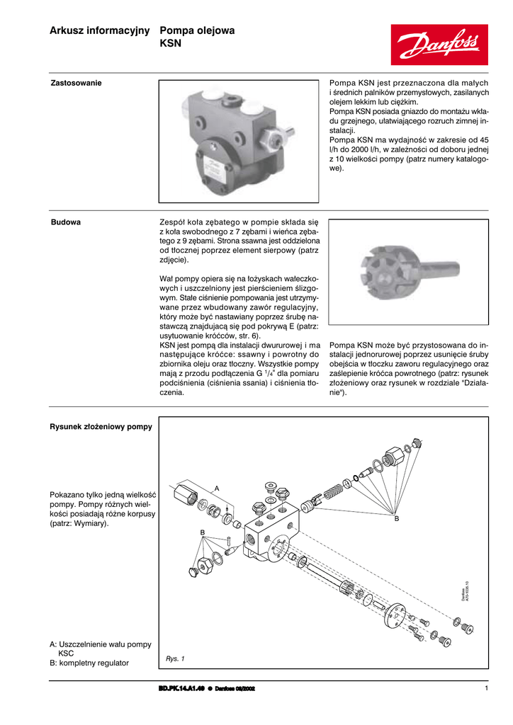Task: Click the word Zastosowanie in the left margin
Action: pos(76,83)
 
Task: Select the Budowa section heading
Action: pos(65,222)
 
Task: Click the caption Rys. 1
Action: pos(175,658)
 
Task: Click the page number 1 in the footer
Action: pos(487,688)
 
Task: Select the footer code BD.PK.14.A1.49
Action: pos(182,688)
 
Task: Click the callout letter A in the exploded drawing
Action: pos(218,489)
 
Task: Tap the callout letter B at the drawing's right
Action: pos(397,518)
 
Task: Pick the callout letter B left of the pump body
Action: pos(202,532)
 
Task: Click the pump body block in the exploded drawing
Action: pos(272,533)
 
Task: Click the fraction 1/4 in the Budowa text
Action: pos(269,373)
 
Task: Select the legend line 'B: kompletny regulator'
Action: pos(89,663)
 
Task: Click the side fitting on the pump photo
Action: pos(271,134)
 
